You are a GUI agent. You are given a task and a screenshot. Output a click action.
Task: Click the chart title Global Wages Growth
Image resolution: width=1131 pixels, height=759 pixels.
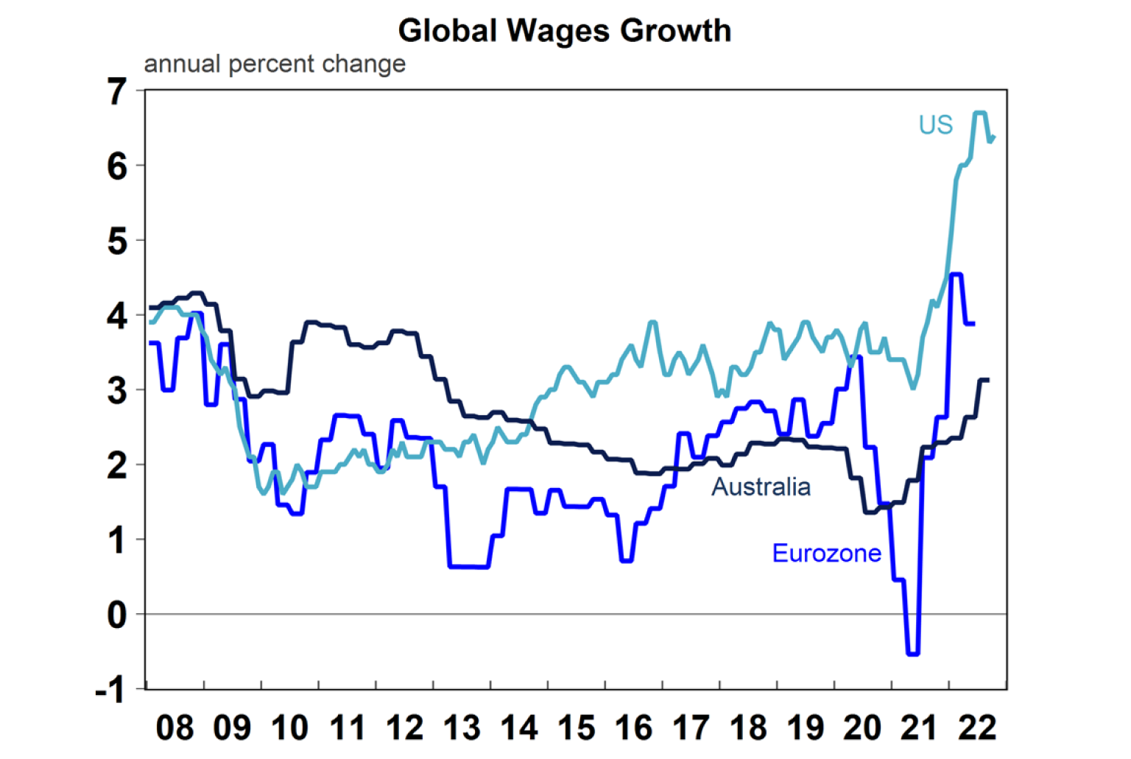[x=565, y=31]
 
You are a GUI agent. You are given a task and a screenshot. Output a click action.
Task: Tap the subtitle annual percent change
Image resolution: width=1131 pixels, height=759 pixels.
[x=275, y=64]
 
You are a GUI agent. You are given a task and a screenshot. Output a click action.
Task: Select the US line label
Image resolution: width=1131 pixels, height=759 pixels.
[x=935, y=125]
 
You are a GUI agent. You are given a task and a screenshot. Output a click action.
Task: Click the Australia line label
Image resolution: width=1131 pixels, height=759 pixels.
[x=761, y=487]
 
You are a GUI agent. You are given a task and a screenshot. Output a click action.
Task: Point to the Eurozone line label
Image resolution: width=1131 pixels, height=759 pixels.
[x=826, y=553]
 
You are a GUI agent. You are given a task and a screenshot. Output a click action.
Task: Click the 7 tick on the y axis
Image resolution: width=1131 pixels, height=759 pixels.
[x=117, y=92]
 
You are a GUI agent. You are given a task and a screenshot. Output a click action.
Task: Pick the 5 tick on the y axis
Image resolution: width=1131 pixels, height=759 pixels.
[x=117, y=241]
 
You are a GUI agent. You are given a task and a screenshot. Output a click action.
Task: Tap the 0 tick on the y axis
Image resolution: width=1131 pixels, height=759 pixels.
[x=117, y=615]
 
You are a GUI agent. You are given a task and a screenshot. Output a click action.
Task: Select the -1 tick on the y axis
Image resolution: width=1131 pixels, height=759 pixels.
[x=110, y=690]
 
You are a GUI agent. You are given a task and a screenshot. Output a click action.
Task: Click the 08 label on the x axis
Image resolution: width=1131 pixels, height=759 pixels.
[x=175, y=728]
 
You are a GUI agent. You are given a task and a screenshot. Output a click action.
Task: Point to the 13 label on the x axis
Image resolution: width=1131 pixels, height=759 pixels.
[x=462, y=728]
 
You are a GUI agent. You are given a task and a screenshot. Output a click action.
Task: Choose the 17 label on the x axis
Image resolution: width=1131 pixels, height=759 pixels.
[x=691, y=728]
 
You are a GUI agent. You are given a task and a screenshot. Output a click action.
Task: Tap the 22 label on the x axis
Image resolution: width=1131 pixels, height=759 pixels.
[x=977, y=728]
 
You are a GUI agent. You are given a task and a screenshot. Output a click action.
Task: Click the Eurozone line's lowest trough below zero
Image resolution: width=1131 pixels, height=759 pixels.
[x=913, y=653]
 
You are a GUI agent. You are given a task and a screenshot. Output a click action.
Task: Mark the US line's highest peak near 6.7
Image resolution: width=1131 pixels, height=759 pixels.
[x=980, y=113]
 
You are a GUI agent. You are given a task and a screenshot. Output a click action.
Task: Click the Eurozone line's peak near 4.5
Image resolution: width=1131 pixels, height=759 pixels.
[x=956, y=275]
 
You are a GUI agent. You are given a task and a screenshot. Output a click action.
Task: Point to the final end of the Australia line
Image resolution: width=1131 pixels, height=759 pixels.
[x=988, y=380]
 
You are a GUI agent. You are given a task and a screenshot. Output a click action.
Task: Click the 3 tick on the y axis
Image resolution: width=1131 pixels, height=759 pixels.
[x=117, y=391]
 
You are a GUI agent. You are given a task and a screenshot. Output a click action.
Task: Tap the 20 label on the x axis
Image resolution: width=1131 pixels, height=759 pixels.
[x=862, y=728]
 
